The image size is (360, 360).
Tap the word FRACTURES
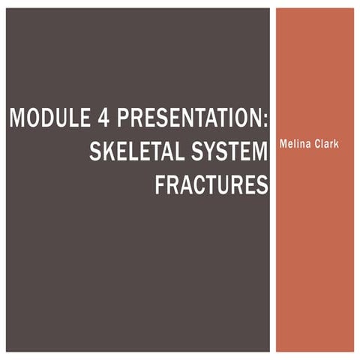(x=211, y=184)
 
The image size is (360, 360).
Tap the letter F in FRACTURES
(x=160, y=184)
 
